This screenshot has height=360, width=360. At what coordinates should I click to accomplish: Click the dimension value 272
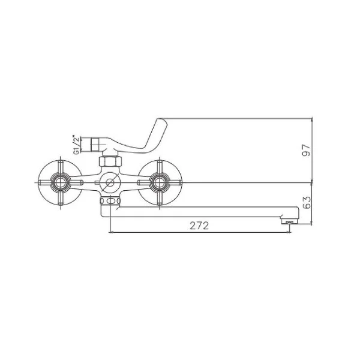[x=199, y=226]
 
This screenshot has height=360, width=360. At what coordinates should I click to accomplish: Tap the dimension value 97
[x=306, y=151]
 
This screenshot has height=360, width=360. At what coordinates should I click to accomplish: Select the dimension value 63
[x=307, y=202]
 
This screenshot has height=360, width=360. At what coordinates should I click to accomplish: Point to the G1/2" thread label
[x=76, y=145]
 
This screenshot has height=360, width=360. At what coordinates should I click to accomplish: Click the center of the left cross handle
[x=61, y=183]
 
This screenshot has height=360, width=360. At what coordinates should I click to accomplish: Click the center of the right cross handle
[x=160, y=183]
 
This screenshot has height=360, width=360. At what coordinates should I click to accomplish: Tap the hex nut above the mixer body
[x=110, y=161]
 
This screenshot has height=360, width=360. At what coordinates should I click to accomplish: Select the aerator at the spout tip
[x=290, y=221]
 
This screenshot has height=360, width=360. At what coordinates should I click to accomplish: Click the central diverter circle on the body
[x=110, y=183]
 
